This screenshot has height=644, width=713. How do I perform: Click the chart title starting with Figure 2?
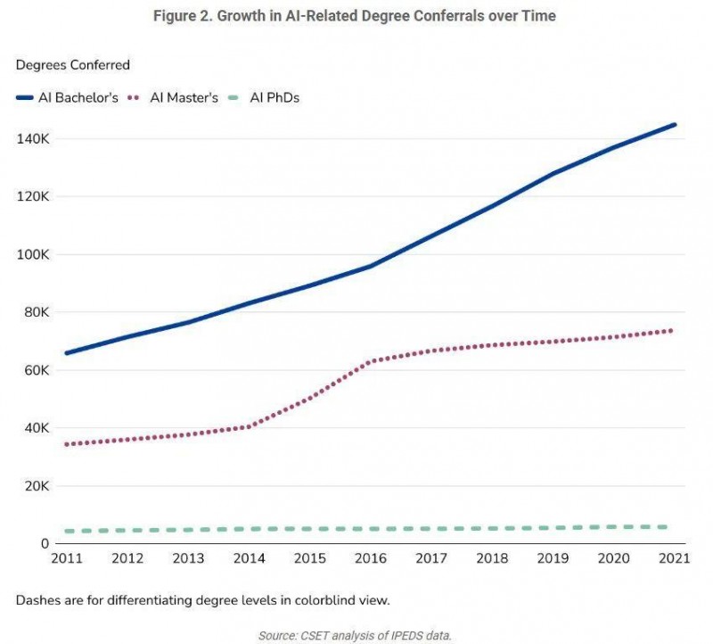(356, 17)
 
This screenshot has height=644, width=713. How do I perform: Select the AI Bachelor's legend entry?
(68, 98)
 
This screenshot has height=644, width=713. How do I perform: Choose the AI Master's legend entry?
(175, 98)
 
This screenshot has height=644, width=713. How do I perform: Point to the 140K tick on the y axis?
(32, 138)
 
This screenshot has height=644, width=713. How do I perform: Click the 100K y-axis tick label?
(32, 254)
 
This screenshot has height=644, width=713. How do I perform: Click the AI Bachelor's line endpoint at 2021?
(674, 125)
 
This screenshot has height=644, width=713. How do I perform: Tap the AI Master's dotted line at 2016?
(370, 361)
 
